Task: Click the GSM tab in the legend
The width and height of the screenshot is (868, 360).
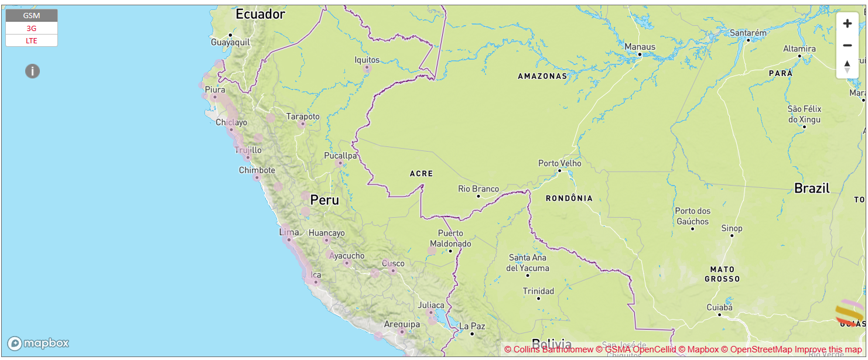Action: coord(32,16)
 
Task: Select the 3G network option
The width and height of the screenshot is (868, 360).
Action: coord(32,28)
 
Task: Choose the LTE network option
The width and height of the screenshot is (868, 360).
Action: coord(32,40)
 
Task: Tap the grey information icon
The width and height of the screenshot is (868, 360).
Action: coord(32,71)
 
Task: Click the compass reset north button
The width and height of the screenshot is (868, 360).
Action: coord(847,66)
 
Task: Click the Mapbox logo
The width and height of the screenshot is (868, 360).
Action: coord(39,343)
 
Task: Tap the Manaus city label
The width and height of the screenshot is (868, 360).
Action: coord(640,47)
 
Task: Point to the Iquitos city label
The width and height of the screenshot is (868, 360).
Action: coord(367,60)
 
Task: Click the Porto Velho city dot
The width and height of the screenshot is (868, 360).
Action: coord(559,170)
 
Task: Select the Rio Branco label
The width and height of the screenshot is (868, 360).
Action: coord(479,188)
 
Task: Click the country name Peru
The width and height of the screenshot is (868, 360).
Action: coord(324,200)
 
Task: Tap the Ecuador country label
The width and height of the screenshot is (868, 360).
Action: coord(260,15)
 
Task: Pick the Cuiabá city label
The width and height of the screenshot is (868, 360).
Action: coord(719,307)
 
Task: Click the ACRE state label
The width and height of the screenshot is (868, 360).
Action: coord(421,174)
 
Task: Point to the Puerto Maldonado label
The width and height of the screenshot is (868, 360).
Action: coord(450,238)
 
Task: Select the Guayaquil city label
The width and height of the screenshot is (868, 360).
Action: coord(230,42)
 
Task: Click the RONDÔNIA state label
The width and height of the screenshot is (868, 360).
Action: coord(569,198)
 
